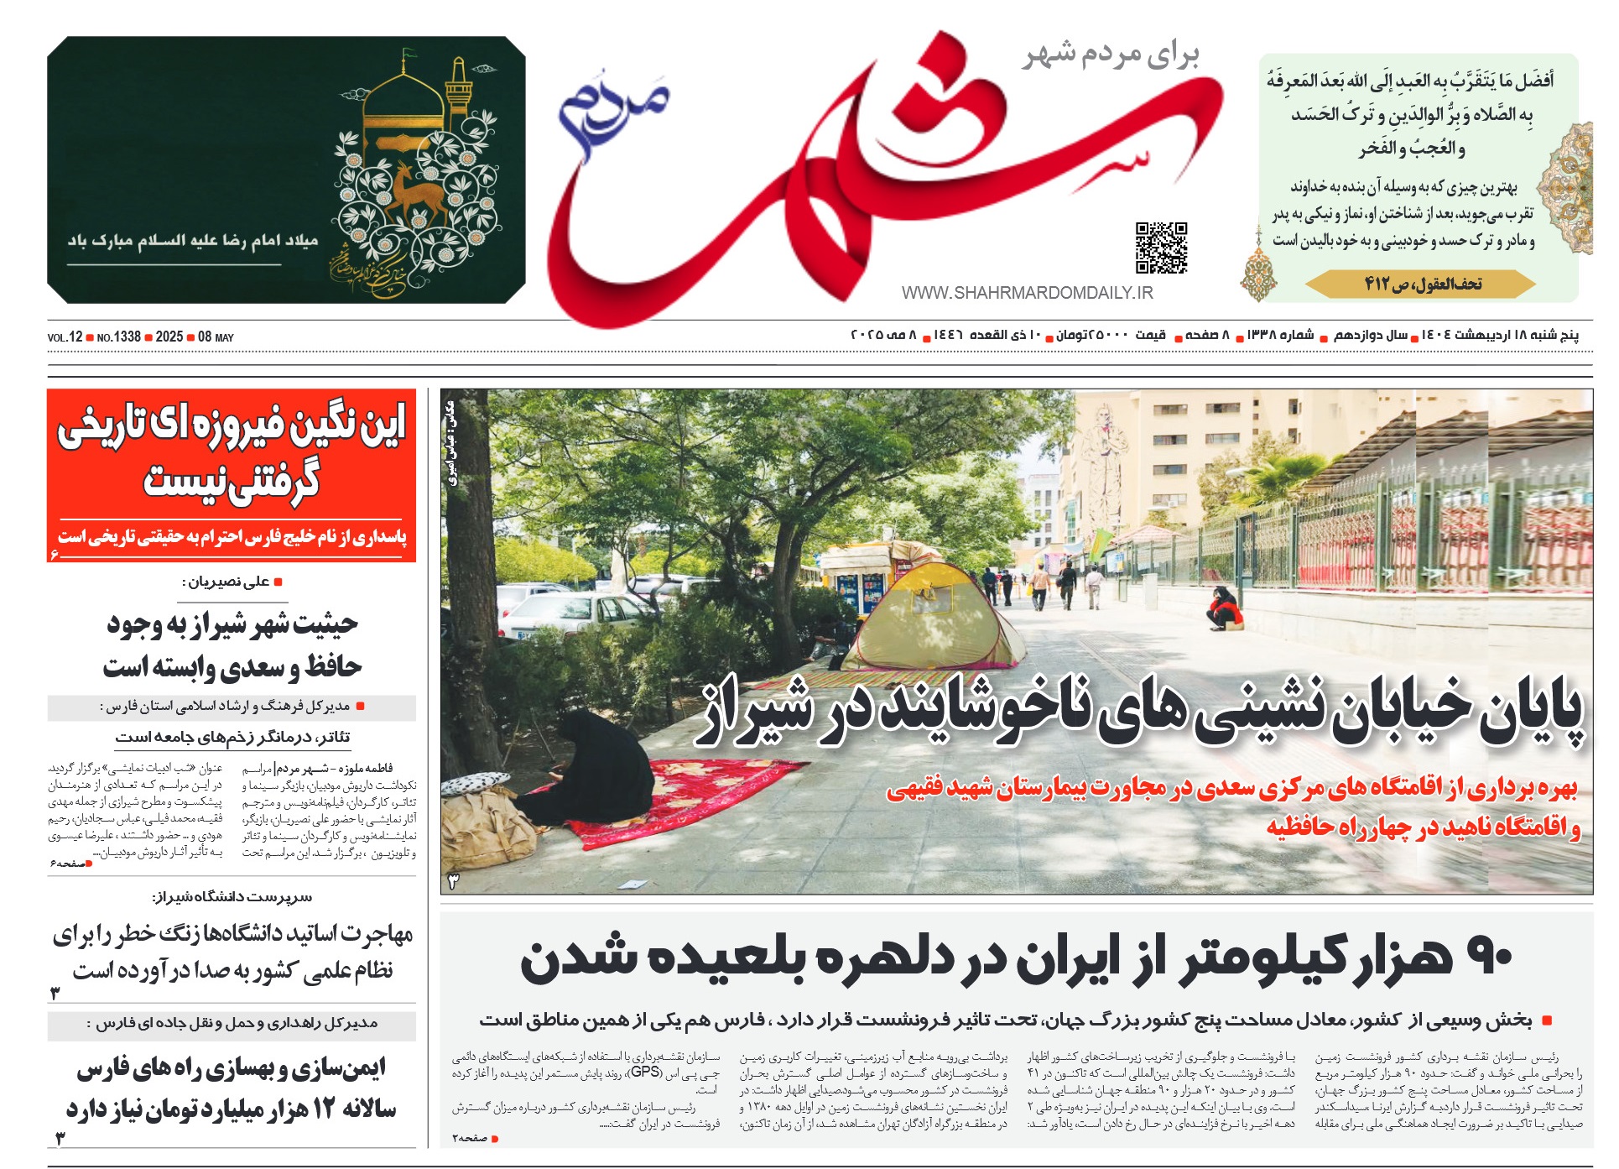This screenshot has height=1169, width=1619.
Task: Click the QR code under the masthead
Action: [1161, 248]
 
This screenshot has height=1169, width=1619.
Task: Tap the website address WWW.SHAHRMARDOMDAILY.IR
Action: [1027, 293]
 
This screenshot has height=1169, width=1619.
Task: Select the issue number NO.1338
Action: [118, 337]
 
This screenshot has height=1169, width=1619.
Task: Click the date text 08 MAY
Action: [216, 337]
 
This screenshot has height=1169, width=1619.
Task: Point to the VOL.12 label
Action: [65, 337]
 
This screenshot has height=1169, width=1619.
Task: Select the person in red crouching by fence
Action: [1224, 608]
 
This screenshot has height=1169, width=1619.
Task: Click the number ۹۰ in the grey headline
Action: [1486, 958]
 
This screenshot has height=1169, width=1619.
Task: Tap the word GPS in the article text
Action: [645, 1072]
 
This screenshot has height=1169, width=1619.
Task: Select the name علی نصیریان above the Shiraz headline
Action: [228, 582]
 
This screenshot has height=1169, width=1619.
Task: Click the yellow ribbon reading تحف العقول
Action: [1422, 284]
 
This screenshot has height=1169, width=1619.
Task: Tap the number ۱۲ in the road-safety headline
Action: [324, 1109]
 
